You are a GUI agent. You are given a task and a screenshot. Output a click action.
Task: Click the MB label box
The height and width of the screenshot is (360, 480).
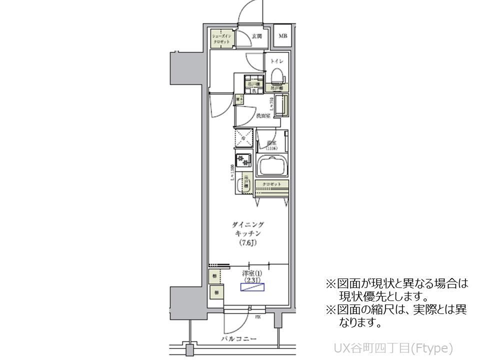tap(283, 36)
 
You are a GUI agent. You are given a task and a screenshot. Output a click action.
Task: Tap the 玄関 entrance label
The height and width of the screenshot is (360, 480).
tap(257, 36)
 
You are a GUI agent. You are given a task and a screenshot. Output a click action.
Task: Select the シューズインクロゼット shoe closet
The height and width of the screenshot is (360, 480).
tap(221, 39)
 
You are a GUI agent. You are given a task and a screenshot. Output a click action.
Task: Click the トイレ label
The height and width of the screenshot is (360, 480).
tap(277, 61)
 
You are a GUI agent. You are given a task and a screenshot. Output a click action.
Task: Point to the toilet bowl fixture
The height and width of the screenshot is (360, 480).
tap(277, 76)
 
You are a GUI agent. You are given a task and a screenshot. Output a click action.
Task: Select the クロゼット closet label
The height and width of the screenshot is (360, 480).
tap(272, 184)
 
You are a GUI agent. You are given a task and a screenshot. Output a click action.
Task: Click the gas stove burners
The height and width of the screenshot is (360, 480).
tap(243, 159)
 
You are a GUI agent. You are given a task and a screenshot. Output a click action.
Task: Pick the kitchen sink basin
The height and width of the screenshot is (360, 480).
tap(246, 181)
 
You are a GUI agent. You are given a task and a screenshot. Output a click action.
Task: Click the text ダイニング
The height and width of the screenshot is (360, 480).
tap(248, 224)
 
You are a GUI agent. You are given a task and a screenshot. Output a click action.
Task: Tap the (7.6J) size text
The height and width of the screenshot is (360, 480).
tap(248, 243)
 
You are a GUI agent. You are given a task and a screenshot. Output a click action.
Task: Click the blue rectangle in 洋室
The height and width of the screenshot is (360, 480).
tap(254, 287)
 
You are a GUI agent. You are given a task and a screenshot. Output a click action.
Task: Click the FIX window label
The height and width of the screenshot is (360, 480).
tap(258, 317)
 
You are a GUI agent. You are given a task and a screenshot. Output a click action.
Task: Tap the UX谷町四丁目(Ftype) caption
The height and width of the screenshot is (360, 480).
tap(393, 347)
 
